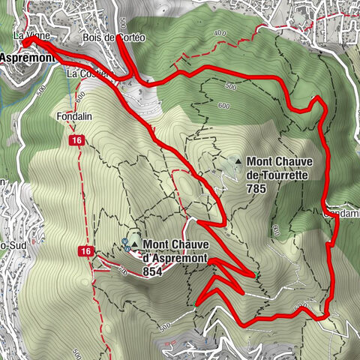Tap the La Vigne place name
pyautogui.click(x=30, y=34)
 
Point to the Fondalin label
pyautogui.click(x=73, y=117)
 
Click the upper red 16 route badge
pyautogui.click(x=76, y=141)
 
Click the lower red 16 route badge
pyautogui.click(x=86, y=250)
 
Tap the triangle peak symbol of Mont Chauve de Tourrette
pyautogui.click(x=237, y=160)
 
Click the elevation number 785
pyautogui.click(x=256, y=190)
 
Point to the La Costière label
pyautogui.click(x=88, y=74)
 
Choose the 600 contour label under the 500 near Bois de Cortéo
pyautogui.click(x=223, y=106)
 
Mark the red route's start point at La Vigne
pyautogui.click(x=24, y=42)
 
